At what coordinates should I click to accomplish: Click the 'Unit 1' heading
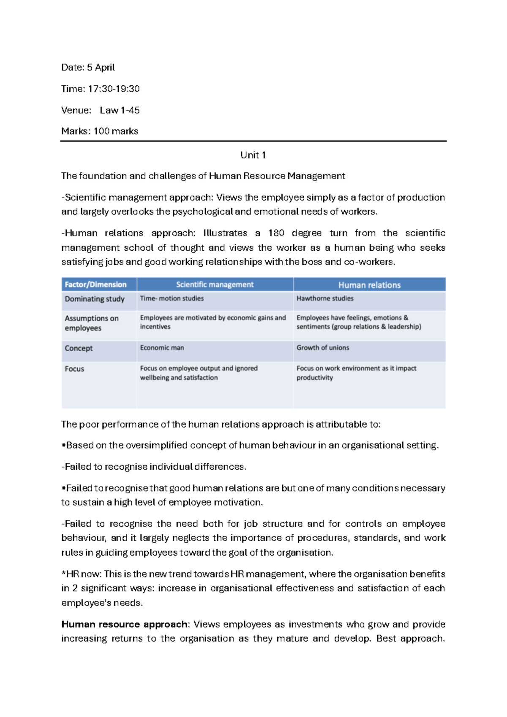(x=253, y=155)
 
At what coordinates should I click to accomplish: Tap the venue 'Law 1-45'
(x=120, y=110)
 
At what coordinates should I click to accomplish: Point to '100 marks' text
(x=116, y=131)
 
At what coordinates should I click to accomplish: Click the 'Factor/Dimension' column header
(x=95, y=285)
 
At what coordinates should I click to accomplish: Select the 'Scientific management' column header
(x=215, y=285)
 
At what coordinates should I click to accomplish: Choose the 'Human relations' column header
(x=369, y=285)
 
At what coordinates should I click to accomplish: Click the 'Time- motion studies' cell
(x=172, y=298)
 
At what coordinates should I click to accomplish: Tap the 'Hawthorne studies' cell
(x=325, y=298)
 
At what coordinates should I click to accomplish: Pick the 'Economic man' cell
(x=162, y=348)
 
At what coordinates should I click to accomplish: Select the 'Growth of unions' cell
(x=323, y=348)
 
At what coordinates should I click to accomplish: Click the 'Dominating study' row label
(x=95, y=299)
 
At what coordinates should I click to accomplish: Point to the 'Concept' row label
(x=79, y=348)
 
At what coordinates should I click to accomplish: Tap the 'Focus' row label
(x=74, y=369)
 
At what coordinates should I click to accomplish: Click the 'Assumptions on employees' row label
(x=91, y=323)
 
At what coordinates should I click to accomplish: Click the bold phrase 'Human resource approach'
(x=125, y=624)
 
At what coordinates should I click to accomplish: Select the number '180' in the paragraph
(x=276, y=233)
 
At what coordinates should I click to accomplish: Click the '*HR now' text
(x=81, y=574)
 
